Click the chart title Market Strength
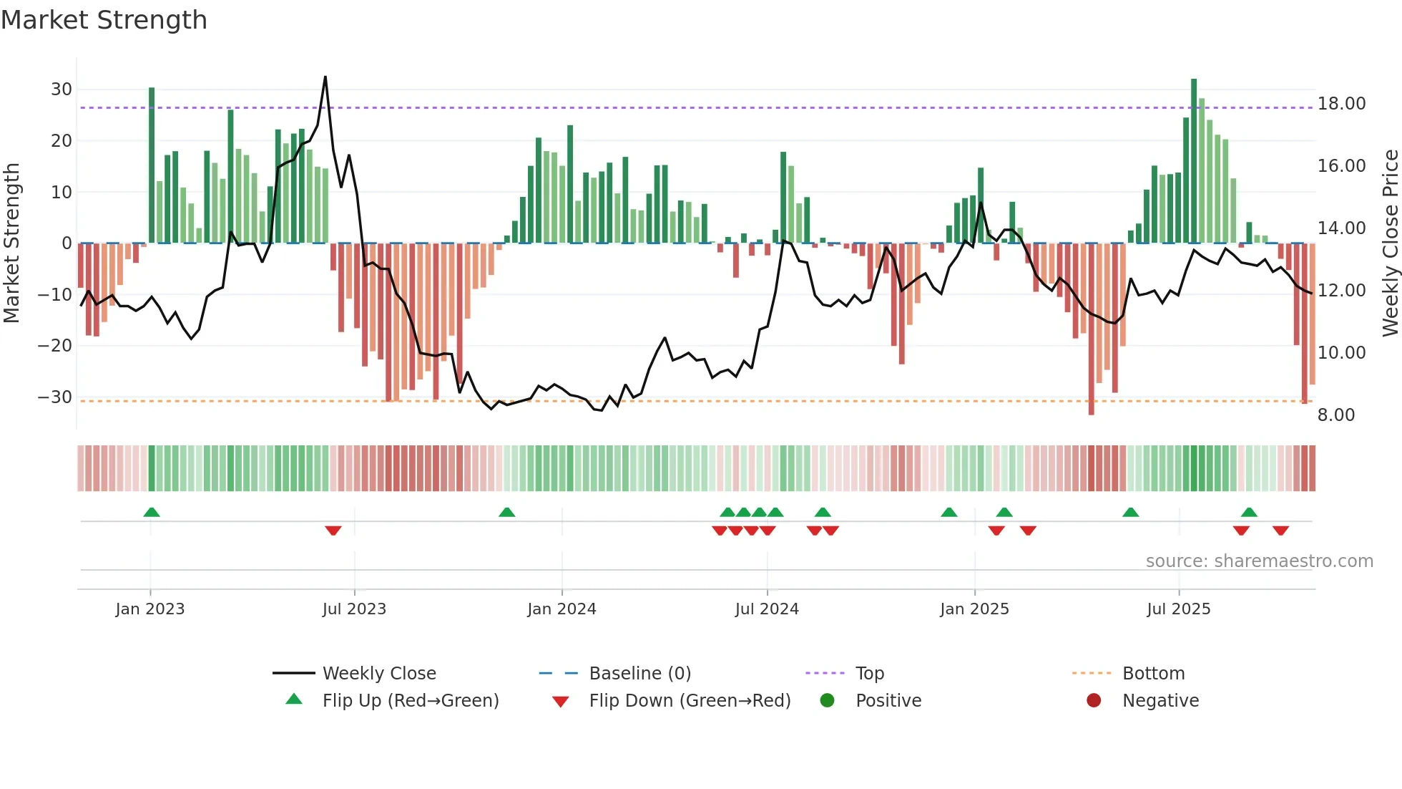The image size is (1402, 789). (x=104, y=20)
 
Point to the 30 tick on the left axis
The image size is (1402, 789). (x=62, y=89)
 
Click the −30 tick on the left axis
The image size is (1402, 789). (x=56, y=397)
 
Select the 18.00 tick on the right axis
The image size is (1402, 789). (x=1341, y=104)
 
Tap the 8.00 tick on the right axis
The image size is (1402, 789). (x=1335, y=415)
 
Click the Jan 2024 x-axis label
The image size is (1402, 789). (x=562, y=609)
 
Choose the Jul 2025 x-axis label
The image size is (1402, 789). (x=1178, y=609)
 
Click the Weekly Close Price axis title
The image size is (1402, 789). (x=1390, y=243)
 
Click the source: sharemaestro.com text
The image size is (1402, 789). (x=1259, y=561)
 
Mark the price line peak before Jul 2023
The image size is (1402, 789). (x=325, y=77)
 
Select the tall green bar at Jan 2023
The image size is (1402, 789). (x=152, y=165)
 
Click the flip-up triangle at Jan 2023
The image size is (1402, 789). (x=151, y=512)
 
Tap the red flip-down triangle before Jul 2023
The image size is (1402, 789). (x=333, y=531)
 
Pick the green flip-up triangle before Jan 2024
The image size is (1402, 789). (x=506, y=512)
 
